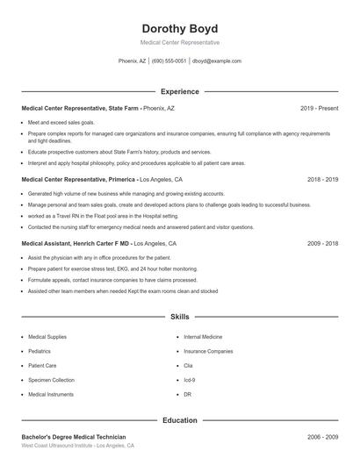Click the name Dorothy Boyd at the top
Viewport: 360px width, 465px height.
pyautogui.click(x=180, y=28)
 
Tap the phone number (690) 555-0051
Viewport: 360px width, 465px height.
pyautogui.click(x=169, y=61)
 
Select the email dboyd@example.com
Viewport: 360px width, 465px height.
pyautogui.click(x=217, y=61)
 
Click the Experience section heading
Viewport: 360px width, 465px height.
pyautogui.click(x=180, y=91)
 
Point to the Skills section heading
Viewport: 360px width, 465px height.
pyautogui.click(x=180, y=316)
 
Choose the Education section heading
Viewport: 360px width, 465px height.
pyautogui.click(x=180, y=420)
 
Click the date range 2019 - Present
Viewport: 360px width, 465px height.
pyautogui.click(x=319, y=108)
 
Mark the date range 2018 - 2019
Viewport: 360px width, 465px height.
pyautogui.click(x=322, y=179)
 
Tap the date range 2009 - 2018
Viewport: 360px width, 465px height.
pyautogui.click(x=322, y=243)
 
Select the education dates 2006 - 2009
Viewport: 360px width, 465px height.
pyautogui.click(x=322, y=436)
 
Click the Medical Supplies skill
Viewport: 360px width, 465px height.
pyautogui.click(x=47, y=336)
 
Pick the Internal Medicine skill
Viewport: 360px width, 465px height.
pyautogui.click(x=203, y=336)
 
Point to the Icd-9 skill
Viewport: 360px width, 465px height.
pyautogui.click(x=191, y=380)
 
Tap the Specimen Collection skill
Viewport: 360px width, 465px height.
pyautogui.click(x=51, y=380)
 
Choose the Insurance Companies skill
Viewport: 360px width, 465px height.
pyautogui.click(x=208, y=351)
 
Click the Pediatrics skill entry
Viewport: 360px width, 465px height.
pyautogui.click(x=40, y=351)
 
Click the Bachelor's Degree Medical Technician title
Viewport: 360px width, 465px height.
pyautogui.click(x=74, y=436)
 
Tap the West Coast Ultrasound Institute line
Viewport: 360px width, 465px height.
pyautogui.click(x=77, y=446)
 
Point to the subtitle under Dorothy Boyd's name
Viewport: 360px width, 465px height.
pyautogui.click(x=180, y=42)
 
